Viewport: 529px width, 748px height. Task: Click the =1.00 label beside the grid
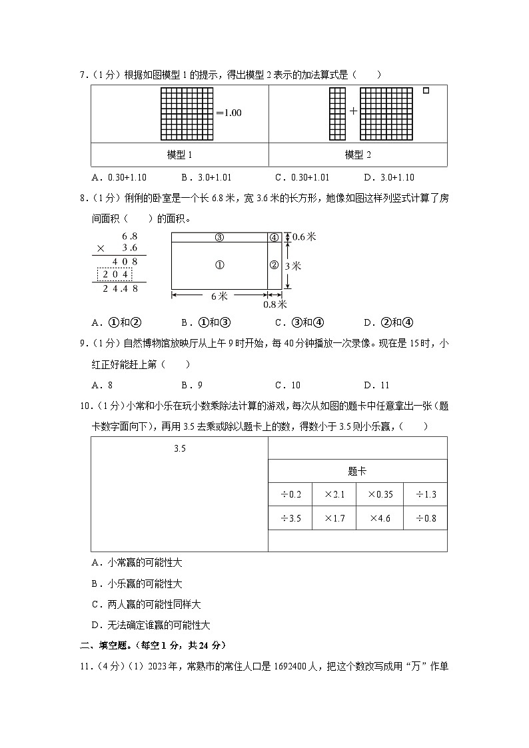228,113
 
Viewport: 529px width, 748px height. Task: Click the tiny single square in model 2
426,91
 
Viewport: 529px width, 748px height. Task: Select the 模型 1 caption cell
179,155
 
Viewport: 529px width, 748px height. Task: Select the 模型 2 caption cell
358,155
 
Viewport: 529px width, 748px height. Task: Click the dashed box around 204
115,274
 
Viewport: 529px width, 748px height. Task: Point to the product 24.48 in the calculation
122,288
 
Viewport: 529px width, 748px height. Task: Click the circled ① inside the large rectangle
220,265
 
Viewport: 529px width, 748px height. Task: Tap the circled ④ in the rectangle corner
274,237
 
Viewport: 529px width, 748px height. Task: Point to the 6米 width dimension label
220,295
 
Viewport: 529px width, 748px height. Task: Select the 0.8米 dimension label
274,304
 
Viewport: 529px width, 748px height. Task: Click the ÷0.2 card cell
290,494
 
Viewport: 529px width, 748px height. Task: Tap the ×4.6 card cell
380,518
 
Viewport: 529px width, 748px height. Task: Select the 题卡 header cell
357,471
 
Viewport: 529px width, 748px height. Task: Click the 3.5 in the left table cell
179,448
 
